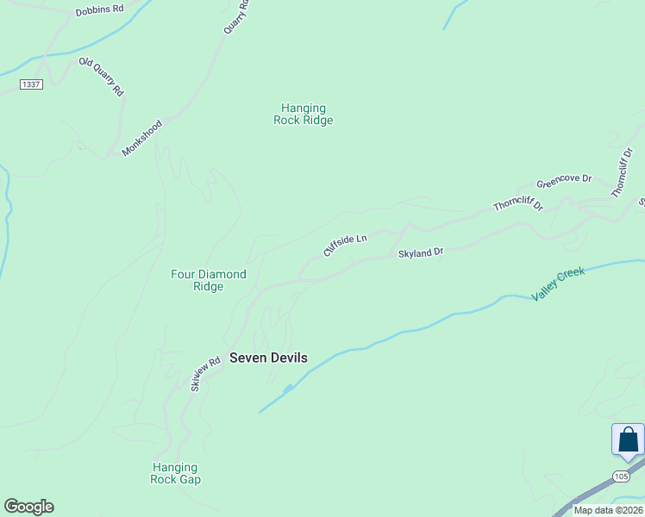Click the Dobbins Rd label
(x=100, y=9)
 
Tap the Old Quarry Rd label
(x=102, y=77)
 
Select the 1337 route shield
(x=31, y=84)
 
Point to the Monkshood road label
(x=142, y=138)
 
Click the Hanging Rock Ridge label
(x=304, y=114)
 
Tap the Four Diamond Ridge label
(x=209, y=280)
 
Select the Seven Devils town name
(x=268, y=358)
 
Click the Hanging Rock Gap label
(x=176, y=473)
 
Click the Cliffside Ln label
(x=345, y=244)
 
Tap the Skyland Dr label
(x=420, y=252)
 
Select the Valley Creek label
(x=558, y=283)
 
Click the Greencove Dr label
(x=564, y=181)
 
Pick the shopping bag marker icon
(x=629, y=439)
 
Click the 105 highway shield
(x=622, y=476)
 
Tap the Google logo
(x=28, y=507)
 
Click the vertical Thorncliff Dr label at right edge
(x=622, y=173)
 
